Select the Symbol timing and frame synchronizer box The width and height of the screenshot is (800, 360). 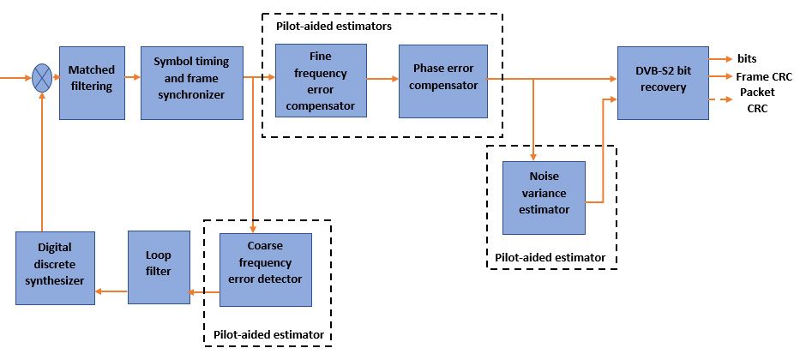pos(189,82)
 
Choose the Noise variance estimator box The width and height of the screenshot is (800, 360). pos(544,197)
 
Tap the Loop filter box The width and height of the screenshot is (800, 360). pos(159,267)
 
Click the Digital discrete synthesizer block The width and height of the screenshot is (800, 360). pos(55,267)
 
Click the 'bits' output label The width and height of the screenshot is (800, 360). pos(746,59)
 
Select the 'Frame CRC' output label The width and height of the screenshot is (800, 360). pos(764,76)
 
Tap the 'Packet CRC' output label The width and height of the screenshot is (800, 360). pos(753,100)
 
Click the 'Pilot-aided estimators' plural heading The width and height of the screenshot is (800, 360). pos(334,27)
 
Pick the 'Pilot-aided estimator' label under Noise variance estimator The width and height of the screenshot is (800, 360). pos(550,257)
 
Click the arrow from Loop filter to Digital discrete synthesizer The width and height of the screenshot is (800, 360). pos(111,291)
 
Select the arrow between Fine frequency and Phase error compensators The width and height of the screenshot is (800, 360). pos(382,78)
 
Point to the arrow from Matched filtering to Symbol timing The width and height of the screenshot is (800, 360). pos(131,78)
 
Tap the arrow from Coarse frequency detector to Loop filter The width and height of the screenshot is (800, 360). pos(205,292)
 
